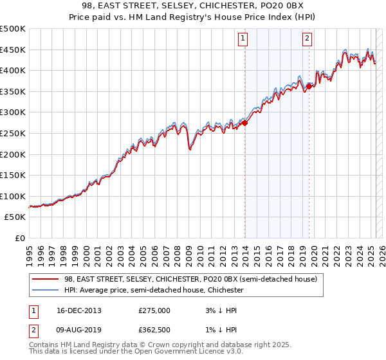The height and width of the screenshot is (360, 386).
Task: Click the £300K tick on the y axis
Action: (14, 112)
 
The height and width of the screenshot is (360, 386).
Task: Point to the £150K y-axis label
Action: (14, 175)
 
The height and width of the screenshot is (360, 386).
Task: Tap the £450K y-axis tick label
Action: (14, 50)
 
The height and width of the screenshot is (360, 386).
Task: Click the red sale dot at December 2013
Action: (244, 123)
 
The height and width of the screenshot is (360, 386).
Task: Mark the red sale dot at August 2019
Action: (309, 85)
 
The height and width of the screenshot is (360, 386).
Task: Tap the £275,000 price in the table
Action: (154, 310)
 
